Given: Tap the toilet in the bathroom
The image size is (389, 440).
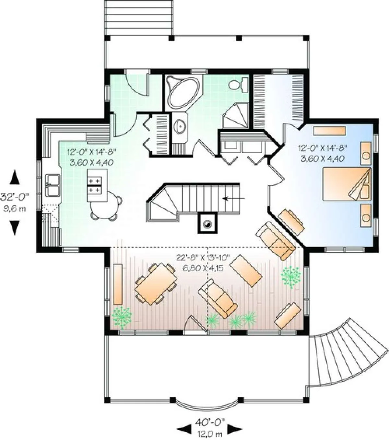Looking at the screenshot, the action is [238, 85].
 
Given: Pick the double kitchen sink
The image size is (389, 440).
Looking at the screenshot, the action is [53, 185].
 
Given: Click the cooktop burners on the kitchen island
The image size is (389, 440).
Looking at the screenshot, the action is [95, 185].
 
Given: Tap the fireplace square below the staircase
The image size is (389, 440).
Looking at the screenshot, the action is [207, 223].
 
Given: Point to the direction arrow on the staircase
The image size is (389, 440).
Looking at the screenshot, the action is [234, 198].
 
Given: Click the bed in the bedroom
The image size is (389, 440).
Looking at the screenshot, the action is [347, 184].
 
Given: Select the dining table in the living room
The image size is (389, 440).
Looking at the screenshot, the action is [156, 283].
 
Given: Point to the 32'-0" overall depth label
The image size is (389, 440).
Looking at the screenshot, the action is [15, 197].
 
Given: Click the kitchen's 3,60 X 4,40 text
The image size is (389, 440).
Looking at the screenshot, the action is [91, 162].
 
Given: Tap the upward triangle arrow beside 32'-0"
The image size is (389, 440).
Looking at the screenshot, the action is [15, 178].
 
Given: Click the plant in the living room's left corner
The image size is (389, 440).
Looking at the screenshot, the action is [122, 318].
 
